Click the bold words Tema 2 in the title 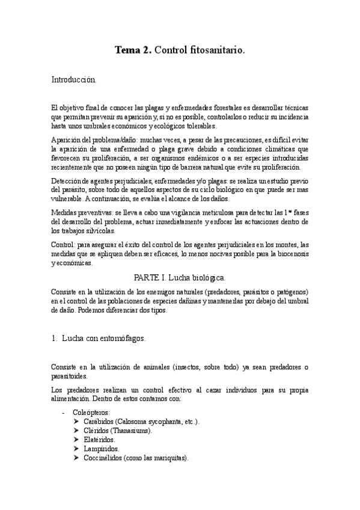133,52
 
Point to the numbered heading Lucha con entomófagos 103,338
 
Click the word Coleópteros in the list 91,413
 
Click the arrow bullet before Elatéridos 76,440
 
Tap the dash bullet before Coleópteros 64,413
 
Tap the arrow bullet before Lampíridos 76,449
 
